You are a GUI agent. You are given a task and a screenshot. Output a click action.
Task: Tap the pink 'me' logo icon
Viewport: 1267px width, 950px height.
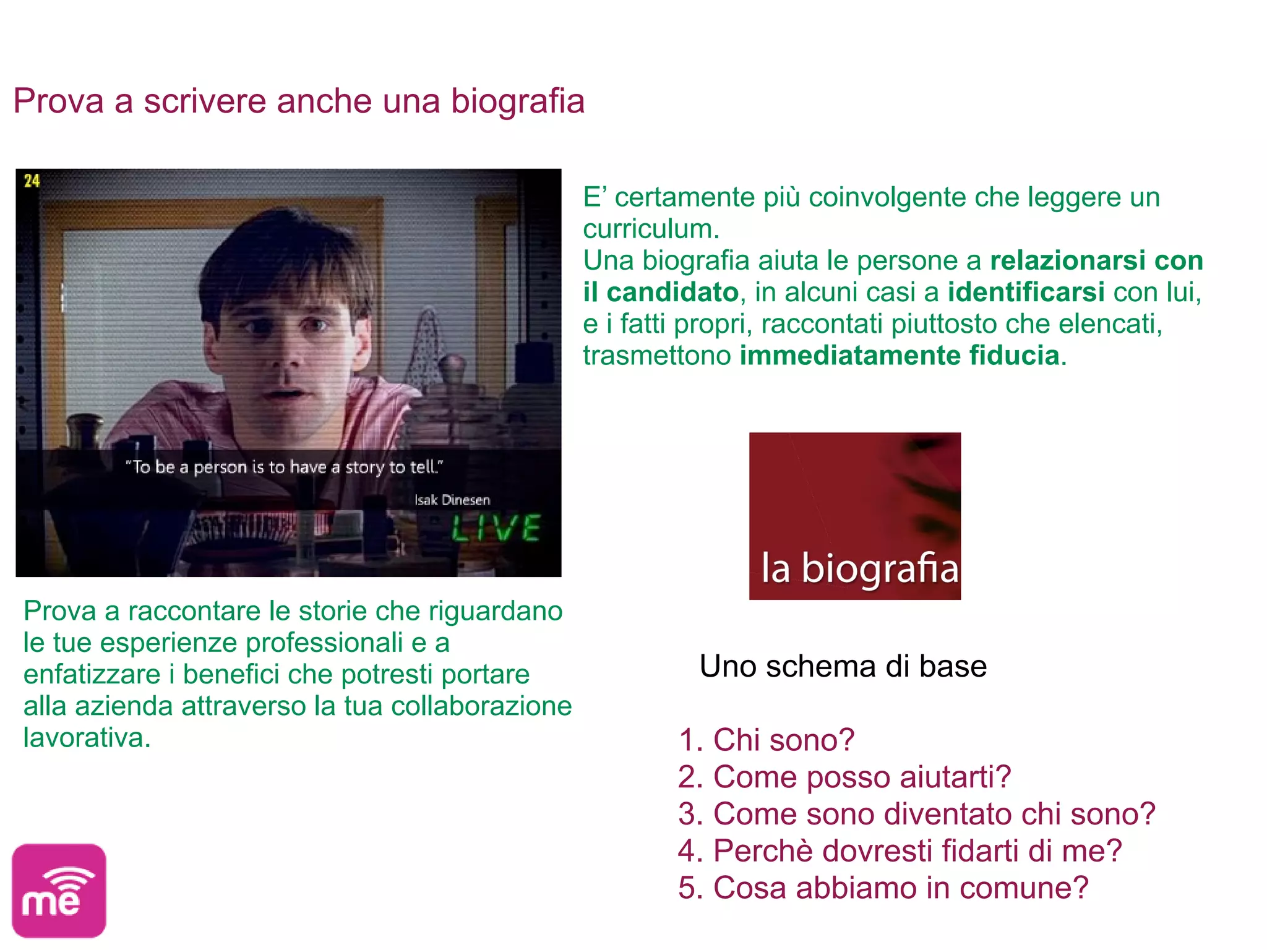(x=59, y=891)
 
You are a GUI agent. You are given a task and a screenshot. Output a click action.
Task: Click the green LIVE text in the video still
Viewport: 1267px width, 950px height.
(x=496, y=528)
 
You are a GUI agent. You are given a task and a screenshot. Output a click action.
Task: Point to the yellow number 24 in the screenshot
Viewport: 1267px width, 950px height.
(x=32, y=181)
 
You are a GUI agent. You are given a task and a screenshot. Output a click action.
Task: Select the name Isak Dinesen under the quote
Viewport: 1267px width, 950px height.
(x=452, y=500)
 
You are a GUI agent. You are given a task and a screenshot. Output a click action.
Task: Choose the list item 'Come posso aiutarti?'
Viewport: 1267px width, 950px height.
(x=844, y=777)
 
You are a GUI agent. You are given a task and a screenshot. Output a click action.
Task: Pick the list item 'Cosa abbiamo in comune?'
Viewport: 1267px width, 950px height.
(x=883, y=888)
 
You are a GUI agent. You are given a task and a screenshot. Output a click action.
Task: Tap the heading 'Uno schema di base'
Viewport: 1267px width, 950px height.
(x=843, y=667)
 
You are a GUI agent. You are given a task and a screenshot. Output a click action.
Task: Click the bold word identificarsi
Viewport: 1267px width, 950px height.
(x=1026, y=292)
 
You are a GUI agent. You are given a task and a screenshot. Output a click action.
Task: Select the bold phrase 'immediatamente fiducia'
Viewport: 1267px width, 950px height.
(x=900, y=356)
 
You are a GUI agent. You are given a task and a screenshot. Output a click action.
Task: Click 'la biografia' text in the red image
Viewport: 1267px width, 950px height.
(x=859, y=568)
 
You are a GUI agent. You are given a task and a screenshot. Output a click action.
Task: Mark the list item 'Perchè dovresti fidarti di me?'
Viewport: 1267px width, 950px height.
(x=900, y=851)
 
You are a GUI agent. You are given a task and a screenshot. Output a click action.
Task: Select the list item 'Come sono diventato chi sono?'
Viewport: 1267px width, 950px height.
(x=916, y=814)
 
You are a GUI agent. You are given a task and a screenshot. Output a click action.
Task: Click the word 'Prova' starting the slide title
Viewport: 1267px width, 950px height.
(x=58, y=101)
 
